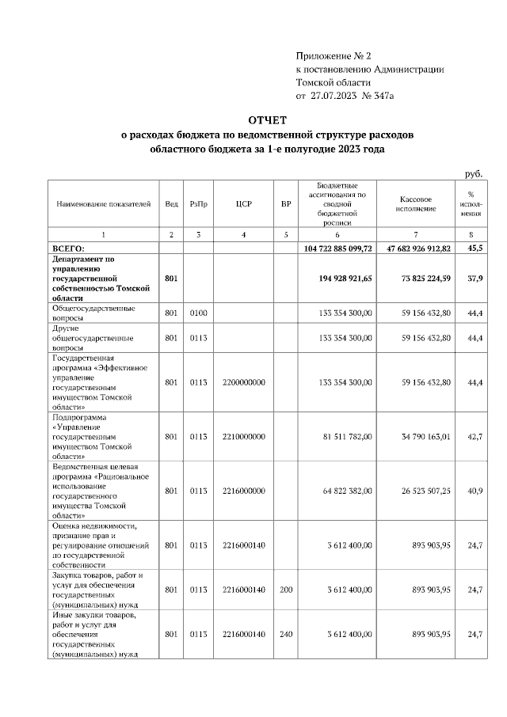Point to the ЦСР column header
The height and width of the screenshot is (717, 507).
(243, 203)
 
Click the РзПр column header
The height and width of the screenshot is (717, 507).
(199, 203)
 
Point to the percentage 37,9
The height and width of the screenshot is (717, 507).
(475, 278)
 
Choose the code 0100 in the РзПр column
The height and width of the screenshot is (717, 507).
(199, 313)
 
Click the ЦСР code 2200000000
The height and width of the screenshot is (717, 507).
(243, 382)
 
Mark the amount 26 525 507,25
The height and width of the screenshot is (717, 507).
(419, 491)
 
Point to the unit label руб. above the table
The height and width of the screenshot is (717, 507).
(474, 173)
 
